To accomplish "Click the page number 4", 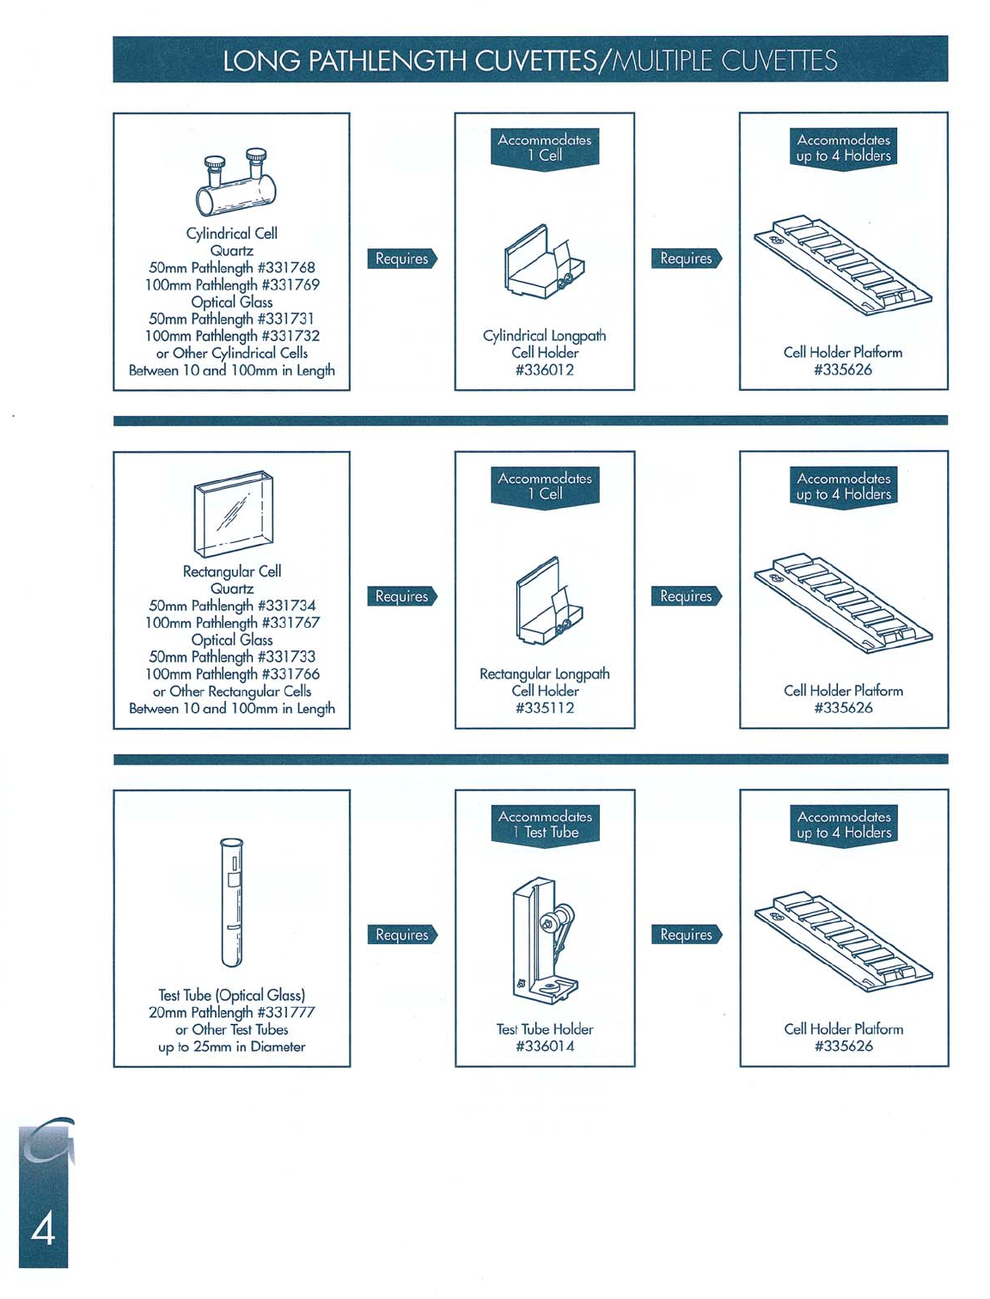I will coord(43,1229).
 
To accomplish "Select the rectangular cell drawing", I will coord(233,513).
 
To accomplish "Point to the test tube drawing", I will coord(231,903).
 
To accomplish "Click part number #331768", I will coord(286,268).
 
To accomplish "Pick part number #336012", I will coord(545,370).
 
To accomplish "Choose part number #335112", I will coord(545,709).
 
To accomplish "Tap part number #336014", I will coord(545,1046).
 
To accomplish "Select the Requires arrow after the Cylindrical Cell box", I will coord(402,259).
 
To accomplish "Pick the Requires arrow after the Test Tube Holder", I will coord(687,935).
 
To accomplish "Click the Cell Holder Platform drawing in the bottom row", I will coord(843,942).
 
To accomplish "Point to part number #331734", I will coord(286,607).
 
